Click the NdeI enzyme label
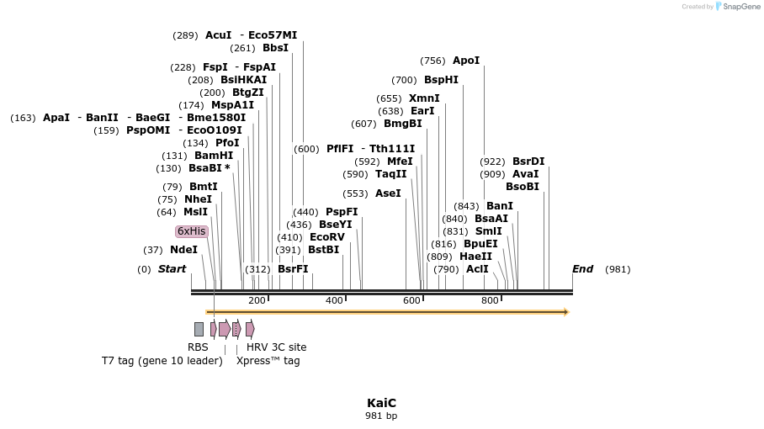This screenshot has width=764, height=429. point(183,250)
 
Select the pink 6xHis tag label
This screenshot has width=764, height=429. point(191,231)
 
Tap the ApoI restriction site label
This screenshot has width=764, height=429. point(465,61)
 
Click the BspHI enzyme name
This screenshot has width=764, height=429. point(441,80)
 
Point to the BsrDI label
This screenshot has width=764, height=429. point(528,162)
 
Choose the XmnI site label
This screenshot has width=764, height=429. point(424,98)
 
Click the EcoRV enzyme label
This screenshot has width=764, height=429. point(327,237)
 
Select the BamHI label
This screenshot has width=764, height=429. point(214,156)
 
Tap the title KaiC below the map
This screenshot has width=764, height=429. point(381,403)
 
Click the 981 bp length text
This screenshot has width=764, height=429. point(381,416)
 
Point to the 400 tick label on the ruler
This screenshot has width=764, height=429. point(334,300)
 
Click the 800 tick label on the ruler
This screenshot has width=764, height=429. point(490,300)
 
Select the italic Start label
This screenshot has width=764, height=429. point(172,269)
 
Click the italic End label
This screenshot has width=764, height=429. point(582,269)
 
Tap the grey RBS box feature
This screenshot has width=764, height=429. point(199,329)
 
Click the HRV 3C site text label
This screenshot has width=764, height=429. point(276,347)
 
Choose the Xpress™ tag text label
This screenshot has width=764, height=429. point(268,361)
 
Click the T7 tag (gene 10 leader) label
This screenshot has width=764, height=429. point(162,361)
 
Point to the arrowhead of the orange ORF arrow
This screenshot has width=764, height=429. point(566,312)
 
